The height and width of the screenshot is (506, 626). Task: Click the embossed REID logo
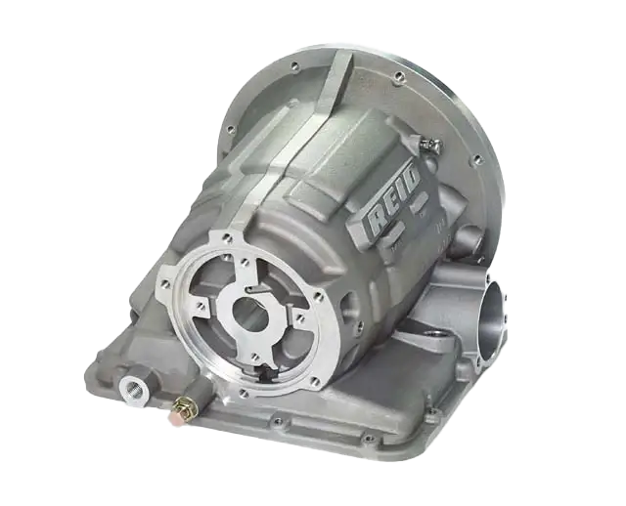click(x=393, y=198)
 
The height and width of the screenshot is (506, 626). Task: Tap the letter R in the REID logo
click(x=375, y=223)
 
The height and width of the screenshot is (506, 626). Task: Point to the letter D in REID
click(x=412, y=175)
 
